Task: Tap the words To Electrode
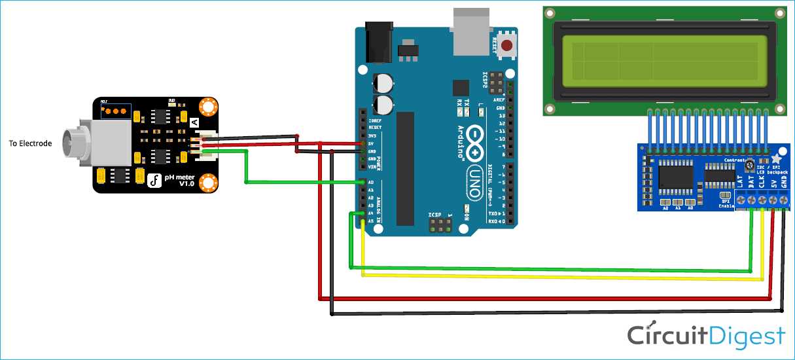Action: [30, 143]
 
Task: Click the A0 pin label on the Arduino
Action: [370, 183]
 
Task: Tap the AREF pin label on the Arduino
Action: [499, 99]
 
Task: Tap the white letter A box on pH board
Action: [194, 122]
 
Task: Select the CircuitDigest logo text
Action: [706, 335]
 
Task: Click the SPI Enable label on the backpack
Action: [726, 204]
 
